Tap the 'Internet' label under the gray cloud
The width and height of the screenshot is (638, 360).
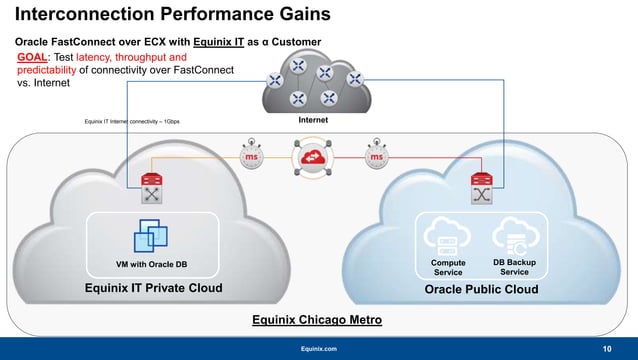pos(313,120)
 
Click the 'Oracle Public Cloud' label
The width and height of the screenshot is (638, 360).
pos(481,289)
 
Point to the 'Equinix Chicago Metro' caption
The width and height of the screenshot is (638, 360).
pos(318,320)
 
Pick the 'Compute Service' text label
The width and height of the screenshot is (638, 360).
pos(447,267)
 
